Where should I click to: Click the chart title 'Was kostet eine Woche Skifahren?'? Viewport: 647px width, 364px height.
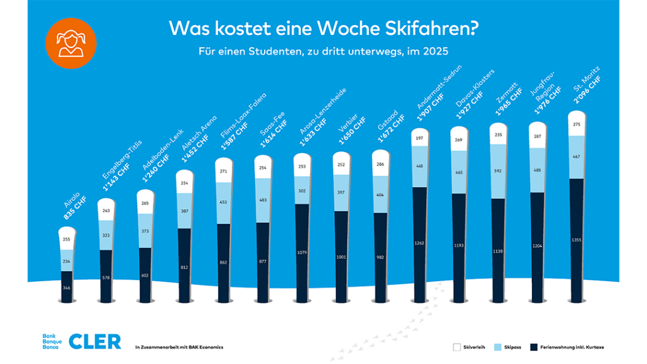tap(323, 28)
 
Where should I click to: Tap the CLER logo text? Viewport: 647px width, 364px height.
tap(94, 341)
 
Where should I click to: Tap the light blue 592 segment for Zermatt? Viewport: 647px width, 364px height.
tap(499, 171)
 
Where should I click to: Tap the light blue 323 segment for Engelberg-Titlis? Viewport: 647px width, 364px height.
tap(106, 234)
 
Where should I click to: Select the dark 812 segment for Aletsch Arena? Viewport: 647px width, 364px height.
tap(184, 265)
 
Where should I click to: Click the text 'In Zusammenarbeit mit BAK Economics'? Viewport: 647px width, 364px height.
tap(179, 347)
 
